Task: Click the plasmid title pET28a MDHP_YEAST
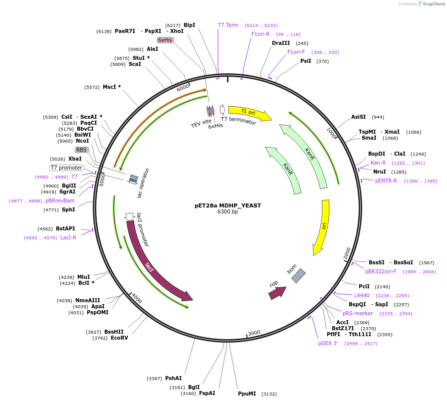227,205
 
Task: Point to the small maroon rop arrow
277,293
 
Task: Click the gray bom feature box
298,275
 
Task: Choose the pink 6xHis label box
165,40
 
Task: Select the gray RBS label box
82,150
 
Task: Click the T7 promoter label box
66,168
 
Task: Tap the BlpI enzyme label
189,25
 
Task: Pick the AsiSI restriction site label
358,117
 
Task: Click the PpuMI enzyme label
247,394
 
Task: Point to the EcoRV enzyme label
119,338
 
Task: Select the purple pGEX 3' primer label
328,343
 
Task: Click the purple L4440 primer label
362,295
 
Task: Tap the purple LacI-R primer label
68,237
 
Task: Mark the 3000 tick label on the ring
254,333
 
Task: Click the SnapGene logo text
432,4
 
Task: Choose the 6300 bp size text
227,212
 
